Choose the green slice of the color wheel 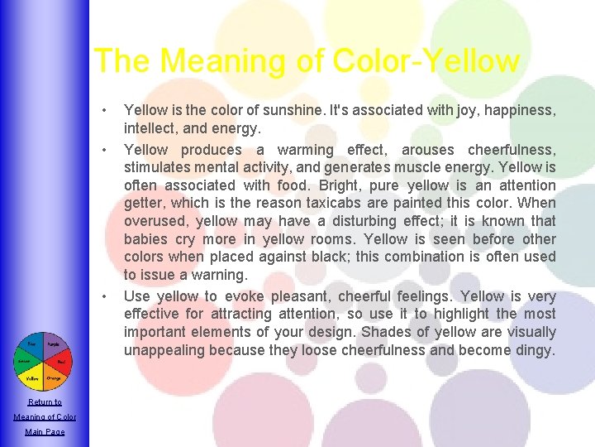tap(25, 361)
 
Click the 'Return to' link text tap(45, 402)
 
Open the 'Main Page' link tap(45, 432)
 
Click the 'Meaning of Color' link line tap(45, 417)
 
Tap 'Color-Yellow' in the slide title tap(426, 61)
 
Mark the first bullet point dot tap(104, 110)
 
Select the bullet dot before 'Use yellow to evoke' tap(104, 296)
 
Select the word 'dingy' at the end tap(535, 350)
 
